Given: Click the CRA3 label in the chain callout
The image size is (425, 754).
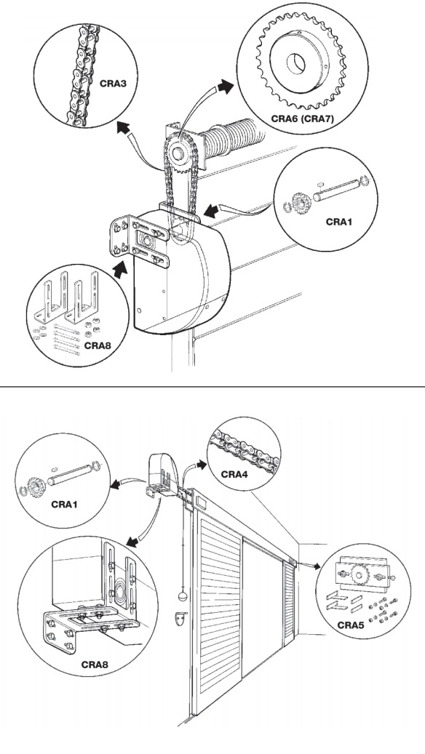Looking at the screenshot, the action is pos(113,83).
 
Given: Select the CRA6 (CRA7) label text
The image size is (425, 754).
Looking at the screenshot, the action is pos(302,118).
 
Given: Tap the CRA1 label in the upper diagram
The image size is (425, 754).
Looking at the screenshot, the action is pos(340,222).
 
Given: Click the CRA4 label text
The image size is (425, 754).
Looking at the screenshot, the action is pos(235,474).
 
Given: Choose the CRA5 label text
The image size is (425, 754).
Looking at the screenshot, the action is pos(351,625).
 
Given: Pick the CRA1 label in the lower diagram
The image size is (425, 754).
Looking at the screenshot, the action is pos(65,505).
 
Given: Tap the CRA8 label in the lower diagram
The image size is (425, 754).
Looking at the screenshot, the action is pos(95,665).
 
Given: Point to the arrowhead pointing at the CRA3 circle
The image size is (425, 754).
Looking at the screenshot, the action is pos(123,127).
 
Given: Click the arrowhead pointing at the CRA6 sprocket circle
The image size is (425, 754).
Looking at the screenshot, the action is pos(225,87).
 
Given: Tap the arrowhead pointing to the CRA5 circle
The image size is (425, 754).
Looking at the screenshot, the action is pos(316,566).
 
